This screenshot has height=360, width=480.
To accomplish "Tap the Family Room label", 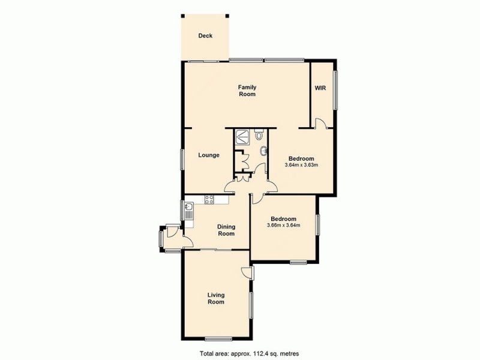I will coord(247,91).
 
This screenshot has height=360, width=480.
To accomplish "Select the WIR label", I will coord(320,88).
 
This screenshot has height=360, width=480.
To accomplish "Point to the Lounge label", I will coord(209,155).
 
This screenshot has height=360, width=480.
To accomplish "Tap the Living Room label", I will coord(216,298).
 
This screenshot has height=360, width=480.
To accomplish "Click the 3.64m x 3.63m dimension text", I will coord(301,165).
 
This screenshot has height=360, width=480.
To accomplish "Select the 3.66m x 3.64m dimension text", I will coord(283,225).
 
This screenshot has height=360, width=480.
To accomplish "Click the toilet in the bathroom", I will coord(259,135).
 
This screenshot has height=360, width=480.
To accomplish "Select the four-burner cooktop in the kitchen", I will coord(209,200).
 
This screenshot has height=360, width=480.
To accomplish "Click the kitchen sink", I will coord(189,210).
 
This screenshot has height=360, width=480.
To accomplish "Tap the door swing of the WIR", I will coord(321,123).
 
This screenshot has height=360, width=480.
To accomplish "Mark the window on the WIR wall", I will coord(335,91).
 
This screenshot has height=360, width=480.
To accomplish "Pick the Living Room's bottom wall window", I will coord(218,339).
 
